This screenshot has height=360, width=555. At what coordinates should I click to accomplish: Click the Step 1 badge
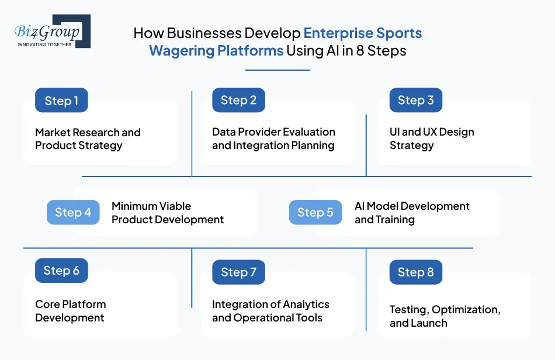pyautogui.click(x=61, y=101)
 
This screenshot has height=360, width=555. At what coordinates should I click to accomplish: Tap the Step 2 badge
pyautogui.click(x=238, y=100)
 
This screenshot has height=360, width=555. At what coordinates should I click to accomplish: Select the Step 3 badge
pyautogui.click(x=415, y=100)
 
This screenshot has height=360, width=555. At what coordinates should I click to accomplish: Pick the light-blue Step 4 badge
pyautogui.click(x=73, y=212)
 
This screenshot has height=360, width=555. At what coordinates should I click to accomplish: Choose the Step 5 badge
pyautogui.click(x=315, y=212)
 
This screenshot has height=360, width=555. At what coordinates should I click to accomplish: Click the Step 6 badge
pyautogui.click(x=61, y=271)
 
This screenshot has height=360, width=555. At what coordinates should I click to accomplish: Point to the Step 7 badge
pyautogui.click(x=238, y=272)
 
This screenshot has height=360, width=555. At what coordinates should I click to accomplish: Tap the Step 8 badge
pyautogui.click(x=415, y=272)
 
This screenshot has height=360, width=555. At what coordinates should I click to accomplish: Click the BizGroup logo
pyautogui.click(x=52, y=31)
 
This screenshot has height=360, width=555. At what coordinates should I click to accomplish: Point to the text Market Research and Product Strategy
pyautogui.click(x=88, y=139)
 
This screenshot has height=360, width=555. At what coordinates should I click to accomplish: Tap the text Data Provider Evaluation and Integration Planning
pyautogui.click(x=273, y=139)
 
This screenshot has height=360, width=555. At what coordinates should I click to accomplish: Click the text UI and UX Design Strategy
pyautogui.click(x=432, y=139)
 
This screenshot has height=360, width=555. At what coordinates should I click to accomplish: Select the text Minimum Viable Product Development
pyautogui.click(x=168, y=213)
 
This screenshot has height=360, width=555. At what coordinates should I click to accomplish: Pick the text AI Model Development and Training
pyautogui.click(x=412, y=213)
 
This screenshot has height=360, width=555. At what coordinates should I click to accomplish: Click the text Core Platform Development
pyautogui.click(x=70, y=311)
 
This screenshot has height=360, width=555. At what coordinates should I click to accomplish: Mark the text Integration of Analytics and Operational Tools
pyautogui.click(x=270, y=311)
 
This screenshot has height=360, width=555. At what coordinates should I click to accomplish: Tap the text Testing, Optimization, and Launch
pyautogui.click(x=445, y=316)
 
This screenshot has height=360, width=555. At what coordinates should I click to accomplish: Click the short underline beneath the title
pyautogui.click(x=277, y=70)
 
